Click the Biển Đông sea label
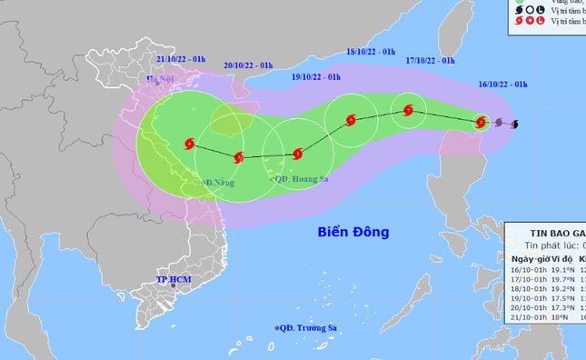coord(353,232)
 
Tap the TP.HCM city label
coord(173,278)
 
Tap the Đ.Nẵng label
coord(219,183)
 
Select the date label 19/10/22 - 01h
coord(316,76)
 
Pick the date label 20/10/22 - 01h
coord(248,65)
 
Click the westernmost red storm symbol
coord(189,143)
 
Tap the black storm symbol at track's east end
coord(515,124)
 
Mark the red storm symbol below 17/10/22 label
coord(407,111)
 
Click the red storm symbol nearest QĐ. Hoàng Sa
coord(297,154)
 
